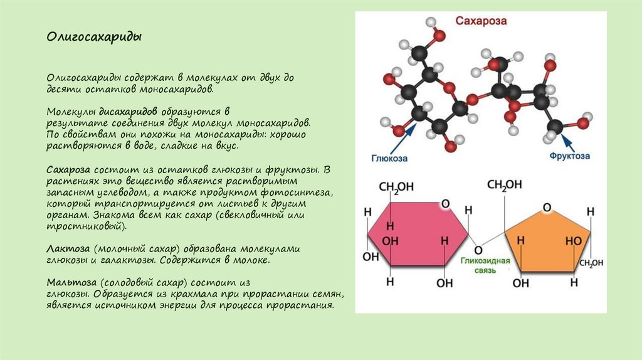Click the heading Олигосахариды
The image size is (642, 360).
coord(93,37)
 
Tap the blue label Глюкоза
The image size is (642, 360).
coord(389,158)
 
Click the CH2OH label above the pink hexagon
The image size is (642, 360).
coord(395,188)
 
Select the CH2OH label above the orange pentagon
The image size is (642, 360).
coord(504,184)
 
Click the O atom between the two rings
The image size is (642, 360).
coord(480,245)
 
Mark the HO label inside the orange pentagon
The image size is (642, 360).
coord(574,240)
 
